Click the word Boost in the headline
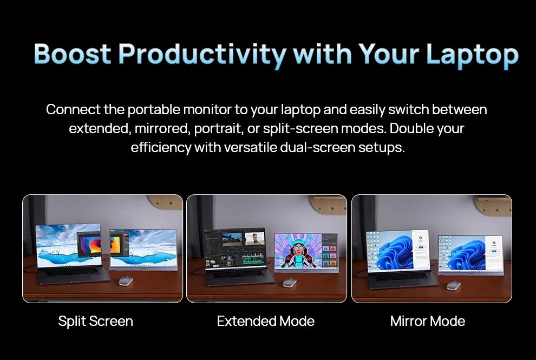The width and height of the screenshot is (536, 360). (72, 54)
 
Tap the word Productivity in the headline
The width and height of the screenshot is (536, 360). (201, 54)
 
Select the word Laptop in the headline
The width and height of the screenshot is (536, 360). (472, 54)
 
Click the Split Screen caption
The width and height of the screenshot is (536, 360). (95, 321)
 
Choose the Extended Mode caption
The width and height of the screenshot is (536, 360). (265, 321)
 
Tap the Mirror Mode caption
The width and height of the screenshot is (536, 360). (427, 321)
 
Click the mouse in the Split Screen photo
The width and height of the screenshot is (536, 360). (126, 280)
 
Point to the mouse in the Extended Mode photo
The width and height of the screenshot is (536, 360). (290, 283)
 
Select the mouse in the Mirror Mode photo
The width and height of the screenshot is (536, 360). (454, 285)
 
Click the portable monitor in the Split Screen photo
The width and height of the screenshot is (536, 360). (143, 248)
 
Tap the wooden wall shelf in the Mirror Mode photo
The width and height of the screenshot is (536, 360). (492, 205)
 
